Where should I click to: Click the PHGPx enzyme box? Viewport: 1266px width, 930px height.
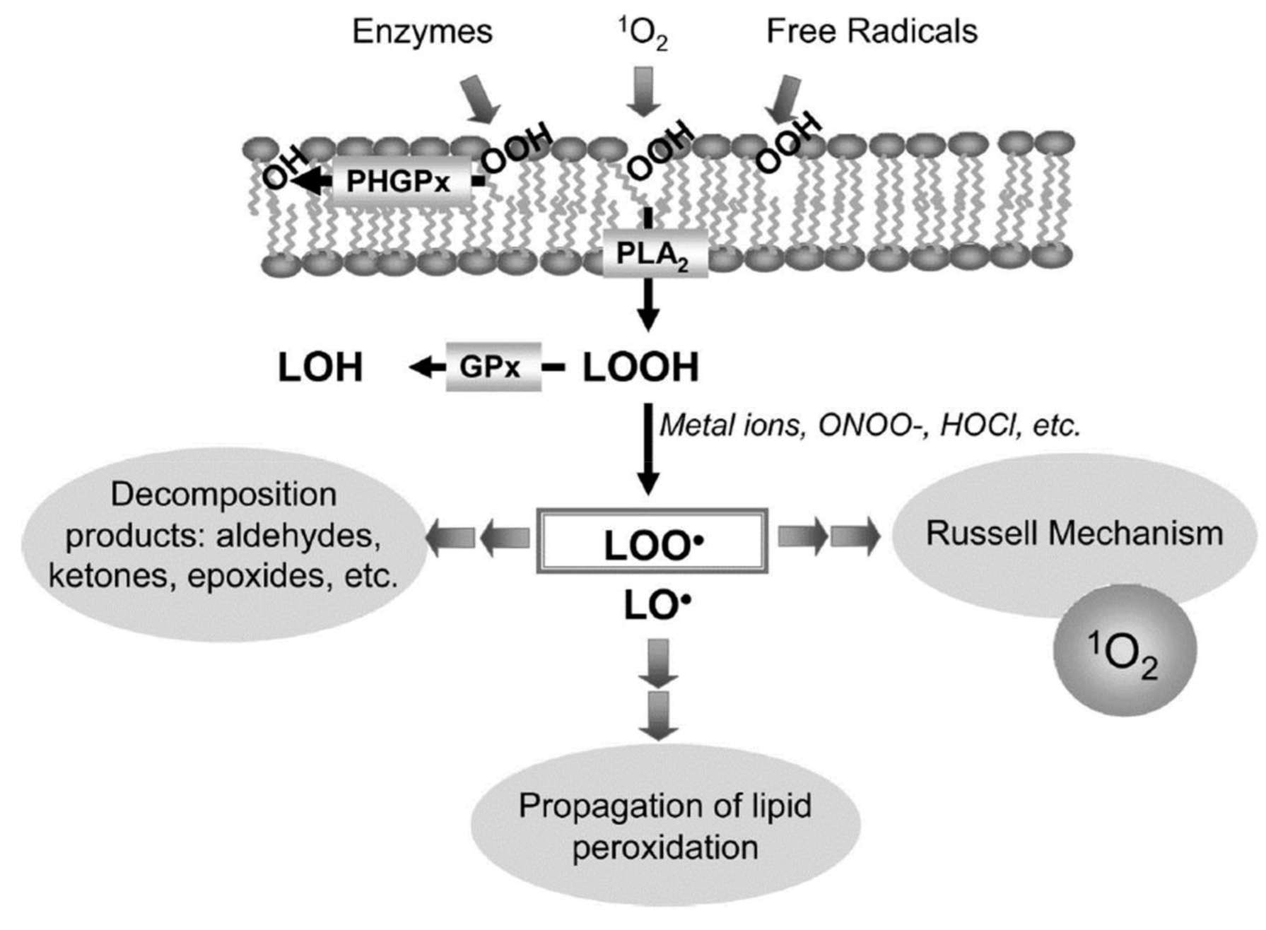[399, 182]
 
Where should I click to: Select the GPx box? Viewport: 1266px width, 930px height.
[493, 367]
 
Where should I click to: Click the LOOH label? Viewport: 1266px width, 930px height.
[640, 367]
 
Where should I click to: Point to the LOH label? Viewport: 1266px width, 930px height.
[320, 367]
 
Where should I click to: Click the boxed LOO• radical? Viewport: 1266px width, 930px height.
[652, 543]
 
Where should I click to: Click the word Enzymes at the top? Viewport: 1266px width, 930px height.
[422, 32]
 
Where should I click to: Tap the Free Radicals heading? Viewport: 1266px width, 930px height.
[872, 32]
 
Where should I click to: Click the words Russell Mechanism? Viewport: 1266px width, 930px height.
[1074, 534]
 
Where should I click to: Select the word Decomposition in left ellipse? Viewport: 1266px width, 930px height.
[223, 494]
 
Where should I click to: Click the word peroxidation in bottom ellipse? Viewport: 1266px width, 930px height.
[664, 847]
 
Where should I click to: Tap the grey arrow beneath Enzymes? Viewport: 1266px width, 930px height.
[481, 99]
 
